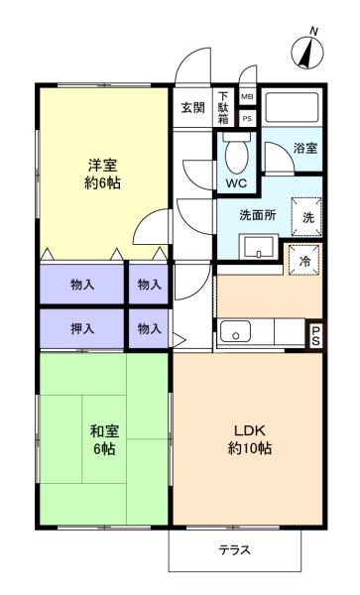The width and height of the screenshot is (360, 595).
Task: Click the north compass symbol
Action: [x=307, y=52]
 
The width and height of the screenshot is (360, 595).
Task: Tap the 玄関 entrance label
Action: [x=192, y=108]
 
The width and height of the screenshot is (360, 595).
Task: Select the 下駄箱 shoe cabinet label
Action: [x=223, y=108]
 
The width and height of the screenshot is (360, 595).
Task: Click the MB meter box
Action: [x=247, y=97]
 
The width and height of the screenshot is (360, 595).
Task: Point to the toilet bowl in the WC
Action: [x=237, y=153]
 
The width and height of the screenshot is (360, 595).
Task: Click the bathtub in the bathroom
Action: [x=292, y=107]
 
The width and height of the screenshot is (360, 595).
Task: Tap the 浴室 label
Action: [x=305, y=148]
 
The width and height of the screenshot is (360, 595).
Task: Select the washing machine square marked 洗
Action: [x=306, y=217]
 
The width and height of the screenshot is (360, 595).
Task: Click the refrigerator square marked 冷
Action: [x=303, y=260]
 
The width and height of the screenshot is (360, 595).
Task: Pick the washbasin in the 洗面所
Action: [x=258, y=247]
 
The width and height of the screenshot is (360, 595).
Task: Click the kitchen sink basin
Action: [x=236, y=331]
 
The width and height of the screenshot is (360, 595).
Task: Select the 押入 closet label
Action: [x=82, y=328]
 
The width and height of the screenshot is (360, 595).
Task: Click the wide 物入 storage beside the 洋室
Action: [x=82, y=284]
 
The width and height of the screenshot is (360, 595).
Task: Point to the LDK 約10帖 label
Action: [x=249, y=439]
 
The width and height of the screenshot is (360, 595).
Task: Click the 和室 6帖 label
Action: [x=104, y=440]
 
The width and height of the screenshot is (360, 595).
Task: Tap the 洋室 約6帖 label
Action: [x=102, y=175]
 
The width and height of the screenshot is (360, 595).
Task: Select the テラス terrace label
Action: [x=234, y=549]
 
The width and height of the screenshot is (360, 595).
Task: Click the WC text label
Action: [x=236, y=183]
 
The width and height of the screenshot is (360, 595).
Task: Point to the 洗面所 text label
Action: [x=258, y=215]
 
